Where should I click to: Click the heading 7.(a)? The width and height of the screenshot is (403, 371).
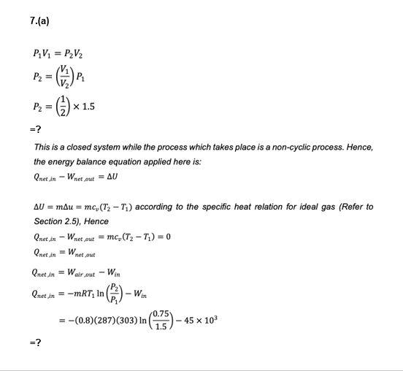tap(39, 21)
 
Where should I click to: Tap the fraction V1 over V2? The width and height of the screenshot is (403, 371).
tap(65, 77)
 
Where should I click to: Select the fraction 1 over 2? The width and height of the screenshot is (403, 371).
tap(64, 107)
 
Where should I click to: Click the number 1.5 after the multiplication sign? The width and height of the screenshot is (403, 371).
tap(88, 107)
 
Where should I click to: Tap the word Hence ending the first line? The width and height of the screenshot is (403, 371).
tap(359, 148)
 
